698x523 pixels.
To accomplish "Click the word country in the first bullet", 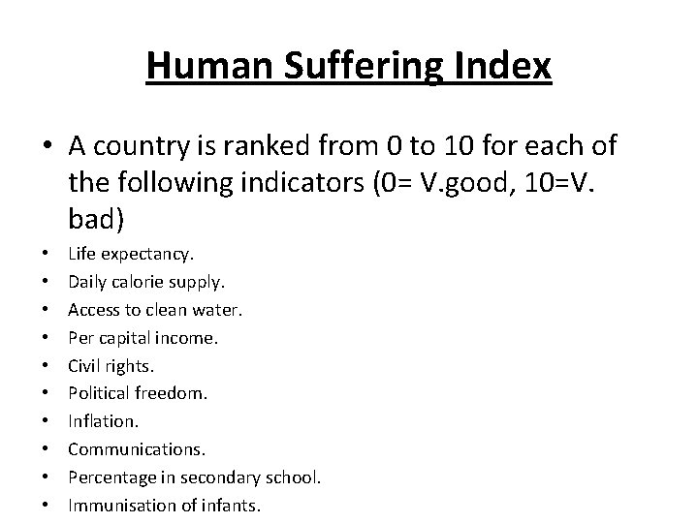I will (x=152, y=147).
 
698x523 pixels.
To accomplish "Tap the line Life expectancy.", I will (x=131, y=254).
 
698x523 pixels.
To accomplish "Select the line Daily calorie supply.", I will (x=145, y=282).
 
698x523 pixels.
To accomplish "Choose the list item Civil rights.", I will (x=111, y=366).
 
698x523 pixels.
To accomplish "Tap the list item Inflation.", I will (x=103, y=422).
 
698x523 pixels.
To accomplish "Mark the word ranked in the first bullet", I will (x=259, y=147).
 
